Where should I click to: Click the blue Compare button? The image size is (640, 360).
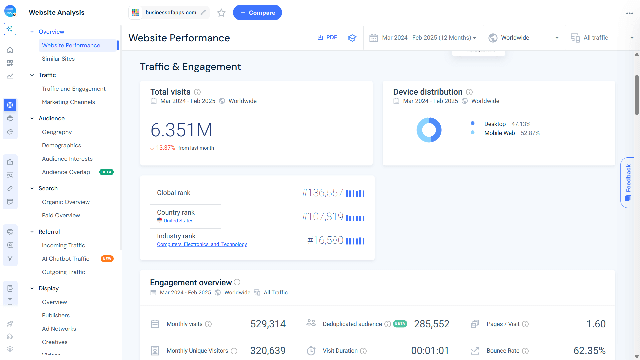pyautogui.click(x=257, y=13)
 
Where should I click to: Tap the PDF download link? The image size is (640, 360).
pyautogui.click(x=327, y=38)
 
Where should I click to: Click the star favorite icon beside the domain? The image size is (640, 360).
pyautogui.click(x=221, y=13)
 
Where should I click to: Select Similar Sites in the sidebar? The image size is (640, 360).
pyautogui.click(x=58, y=59)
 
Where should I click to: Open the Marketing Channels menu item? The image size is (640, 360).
pyautogui.click(x=68, y=102)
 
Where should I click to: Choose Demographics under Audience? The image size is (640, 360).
pyautogui.click(x=61, y=145)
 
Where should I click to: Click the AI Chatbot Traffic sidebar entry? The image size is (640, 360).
pyautogui.click(x=66, y=259)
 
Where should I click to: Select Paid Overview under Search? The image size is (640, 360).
pyautogui.click(x=61, y=215)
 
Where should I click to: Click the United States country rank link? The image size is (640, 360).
pyautogui.click(x=178, y=221)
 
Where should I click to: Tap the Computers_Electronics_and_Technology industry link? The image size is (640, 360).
pyautogui.click(x=202, y=244)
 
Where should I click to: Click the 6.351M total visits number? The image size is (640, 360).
pyautogui.click(x=181, y=130)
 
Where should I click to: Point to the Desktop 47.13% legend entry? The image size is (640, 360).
pyautogui.click(x=507, y=124)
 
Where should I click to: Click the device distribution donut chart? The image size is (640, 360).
pyautogui.click(x=429, y=130)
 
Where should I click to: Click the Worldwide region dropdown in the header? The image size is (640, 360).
pyautogui.click(x=523, y=38)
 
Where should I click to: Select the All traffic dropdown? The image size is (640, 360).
pyautogui.click(x=602, y=38)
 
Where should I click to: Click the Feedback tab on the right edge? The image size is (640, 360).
pyautogui.click(x=628, y=182)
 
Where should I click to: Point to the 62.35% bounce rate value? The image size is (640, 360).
pyautogui.click(x=589, y=351)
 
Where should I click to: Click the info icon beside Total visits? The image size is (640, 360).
pyautogui.click(x=197, y=92)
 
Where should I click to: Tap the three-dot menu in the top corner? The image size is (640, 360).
pyautogui.click(x=629, y=13)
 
